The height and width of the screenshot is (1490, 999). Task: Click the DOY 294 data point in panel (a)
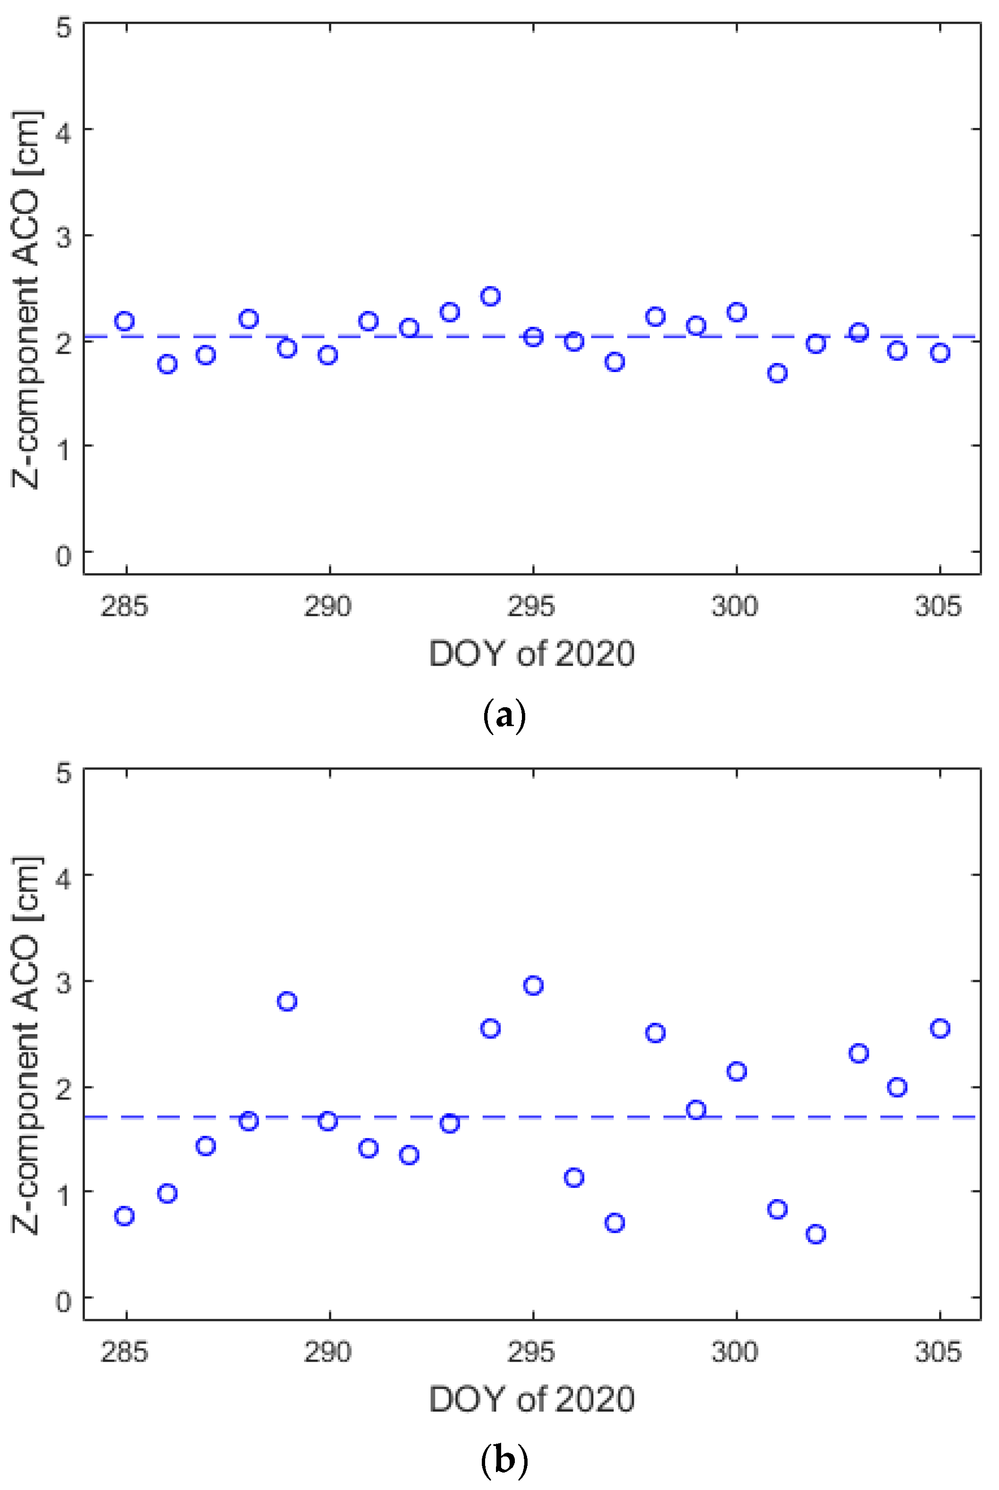pos(490,296)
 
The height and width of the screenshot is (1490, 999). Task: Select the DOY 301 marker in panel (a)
pos(777,373)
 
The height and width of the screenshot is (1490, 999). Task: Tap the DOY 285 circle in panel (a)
pos(124,321)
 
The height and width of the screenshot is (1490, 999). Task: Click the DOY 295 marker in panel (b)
pos(533,985)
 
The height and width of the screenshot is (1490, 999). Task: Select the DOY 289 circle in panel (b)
pos(287,1001)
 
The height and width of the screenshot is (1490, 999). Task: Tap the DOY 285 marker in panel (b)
pos(124,1216)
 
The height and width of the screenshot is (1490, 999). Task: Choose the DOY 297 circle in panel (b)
pos(614,1223)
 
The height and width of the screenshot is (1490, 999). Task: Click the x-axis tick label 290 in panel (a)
pos(327,606)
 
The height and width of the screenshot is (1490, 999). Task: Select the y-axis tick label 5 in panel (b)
pos(64,773)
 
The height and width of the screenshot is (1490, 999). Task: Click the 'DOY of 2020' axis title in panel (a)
pos(531,654)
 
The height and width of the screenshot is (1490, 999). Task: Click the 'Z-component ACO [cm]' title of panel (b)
pos(27,1045)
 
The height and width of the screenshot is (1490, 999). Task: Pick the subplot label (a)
pos(504,716)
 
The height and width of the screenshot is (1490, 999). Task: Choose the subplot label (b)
pos(504,1461)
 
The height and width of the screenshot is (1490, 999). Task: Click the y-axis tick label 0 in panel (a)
pos(64,556)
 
